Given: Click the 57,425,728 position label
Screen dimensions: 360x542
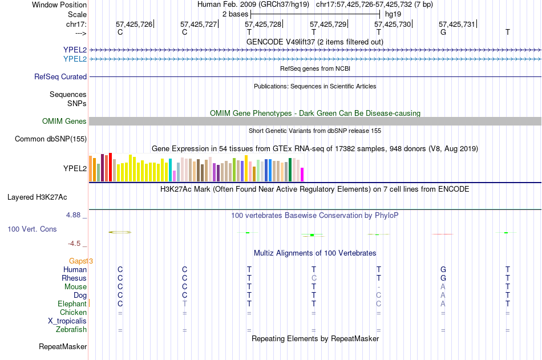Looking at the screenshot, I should click(263, 24).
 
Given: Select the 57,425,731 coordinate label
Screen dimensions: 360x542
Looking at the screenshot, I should click(456, 24).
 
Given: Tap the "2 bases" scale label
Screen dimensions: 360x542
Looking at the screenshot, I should click(235, 14).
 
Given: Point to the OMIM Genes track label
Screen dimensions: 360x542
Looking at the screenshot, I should click(64, 121).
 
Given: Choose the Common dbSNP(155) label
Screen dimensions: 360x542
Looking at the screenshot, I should click(51, 139).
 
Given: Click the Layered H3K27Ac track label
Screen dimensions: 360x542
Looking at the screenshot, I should click(37, 197).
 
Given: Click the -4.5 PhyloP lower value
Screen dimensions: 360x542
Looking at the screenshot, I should click(75, 243).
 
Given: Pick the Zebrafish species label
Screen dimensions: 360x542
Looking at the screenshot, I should click(71, 329).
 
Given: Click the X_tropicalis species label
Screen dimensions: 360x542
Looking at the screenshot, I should click(67, 321).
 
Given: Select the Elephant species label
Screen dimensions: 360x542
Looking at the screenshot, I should click(72, 304).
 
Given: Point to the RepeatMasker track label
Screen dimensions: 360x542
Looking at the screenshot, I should click(63, 346).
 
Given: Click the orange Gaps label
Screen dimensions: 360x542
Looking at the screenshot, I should click(80, 261).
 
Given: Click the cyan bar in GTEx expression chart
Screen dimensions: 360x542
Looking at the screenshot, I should click(171, 170).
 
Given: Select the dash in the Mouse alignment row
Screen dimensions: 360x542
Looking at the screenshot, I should click(378, 286).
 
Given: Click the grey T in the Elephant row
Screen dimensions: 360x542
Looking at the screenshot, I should click(184, 304).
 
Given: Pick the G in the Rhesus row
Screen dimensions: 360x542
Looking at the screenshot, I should click(443, 278).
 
